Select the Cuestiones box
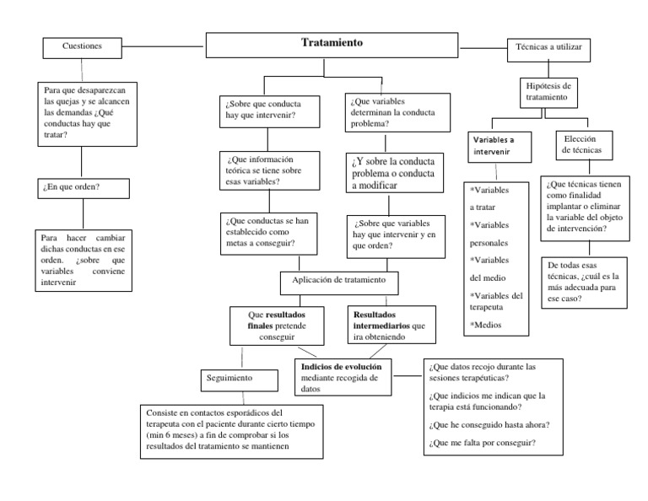point(82,47)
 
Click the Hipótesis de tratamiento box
point(548,91)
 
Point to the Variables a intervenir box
point(498,146)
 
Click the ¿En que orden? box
point(82,186)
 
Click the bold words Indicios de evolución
point(341,367)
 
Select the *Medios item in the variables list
point(486,324)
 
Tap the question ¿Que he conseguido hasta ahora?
point(486,423)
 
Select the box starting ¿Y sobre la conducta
point(391,172)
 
